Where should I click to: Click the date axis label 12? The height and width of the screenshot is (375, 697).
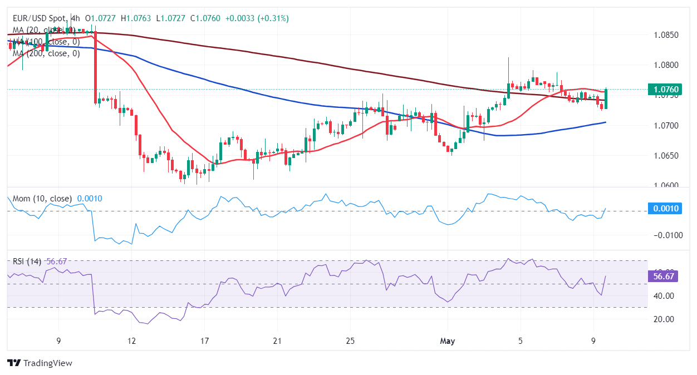[x=131, y=341]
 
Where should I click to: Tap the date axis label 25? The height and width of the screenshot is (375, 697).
[x=350, y=341]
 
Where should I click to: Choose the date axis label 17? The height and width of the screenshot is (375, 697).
[x=204, y=341]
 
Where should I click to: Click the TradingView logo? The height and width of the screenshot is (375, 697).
[x=40, y=363]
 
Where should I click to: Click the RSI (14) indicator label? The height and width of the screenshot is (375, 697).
[x=28, y=261]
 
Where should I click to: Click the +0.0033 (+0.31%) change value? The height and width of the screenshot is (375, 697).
[x=257, y=18]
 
